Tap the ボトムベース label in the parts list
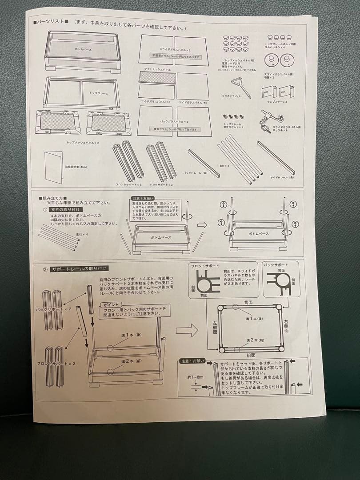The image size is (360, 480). point(83,49)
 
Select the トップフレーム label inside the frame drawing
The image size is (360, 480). point(96,93)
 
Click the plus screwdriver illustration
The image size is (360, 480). point(240,87)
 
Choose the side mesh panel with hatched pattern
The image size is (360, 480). point(157,78)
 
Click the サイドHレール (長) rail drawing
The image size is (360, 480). point(275,157)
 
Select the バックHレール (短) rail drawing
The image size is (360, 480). point(203,163)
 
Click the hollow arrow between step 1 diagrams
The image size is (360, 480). point(202,225)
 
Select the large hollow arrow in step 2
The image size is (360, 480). point(187,330)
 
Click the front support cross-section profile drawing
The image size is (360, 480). point(207,281)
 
